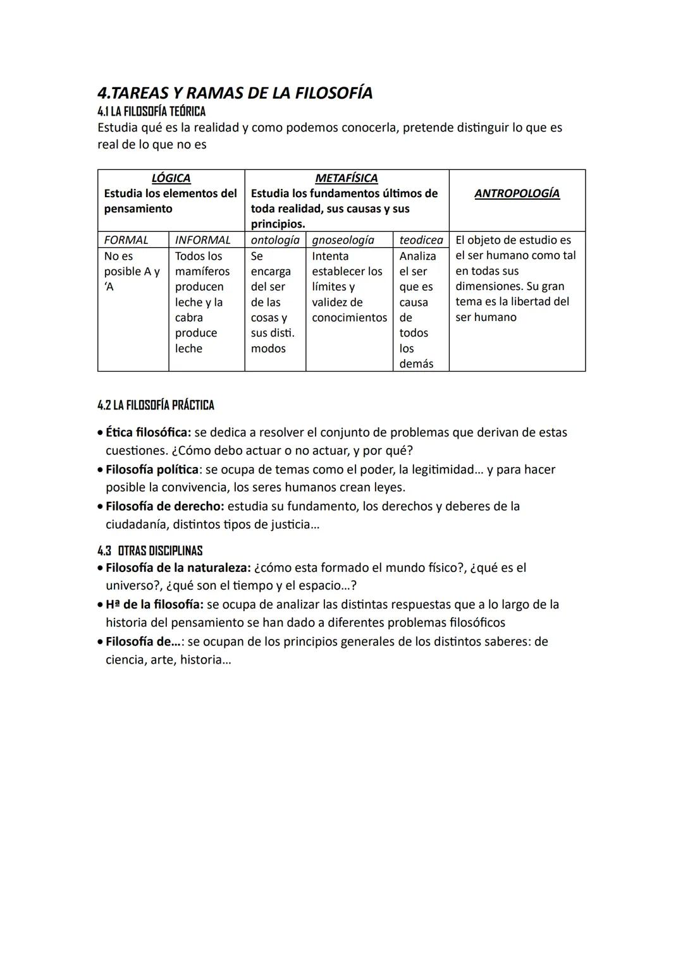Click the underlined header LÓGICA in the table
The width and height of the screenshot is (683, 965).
[171, 178]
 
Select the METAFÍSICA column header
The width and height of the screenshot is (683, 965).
[346, 178]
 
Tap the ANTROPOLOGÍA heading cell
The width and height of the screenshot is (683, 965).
[517, 193]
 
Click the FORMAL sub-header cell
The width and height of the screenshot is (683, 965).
[126, 240]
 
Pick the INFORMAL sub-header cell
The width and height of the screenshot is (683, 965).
[202, 240]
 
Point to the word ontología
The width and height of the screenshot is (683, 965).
[274, 240]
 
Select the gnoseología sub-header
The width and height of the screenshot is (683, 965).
[342, 240]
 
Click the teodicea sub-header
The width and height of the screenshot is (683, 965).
[421, 240]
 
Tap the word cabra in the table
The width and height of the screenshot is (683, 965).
[188, 318]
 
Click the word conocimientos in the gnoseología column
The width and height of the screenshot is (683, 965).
[349, 318]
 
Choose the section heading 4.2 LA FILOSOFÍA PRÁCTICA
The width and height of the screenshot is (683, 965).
[156, 405]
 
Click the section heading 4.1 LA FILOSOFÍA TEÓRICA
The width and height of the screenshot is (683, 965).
[151, 112]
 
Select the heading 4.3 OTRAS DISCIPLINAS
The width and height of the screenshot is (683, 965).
[150, 550]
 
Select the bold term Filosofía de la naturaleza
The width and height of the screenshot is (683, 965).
[178, 567]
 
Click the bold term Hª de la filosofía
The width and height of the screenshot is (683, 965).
[154, 604]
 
